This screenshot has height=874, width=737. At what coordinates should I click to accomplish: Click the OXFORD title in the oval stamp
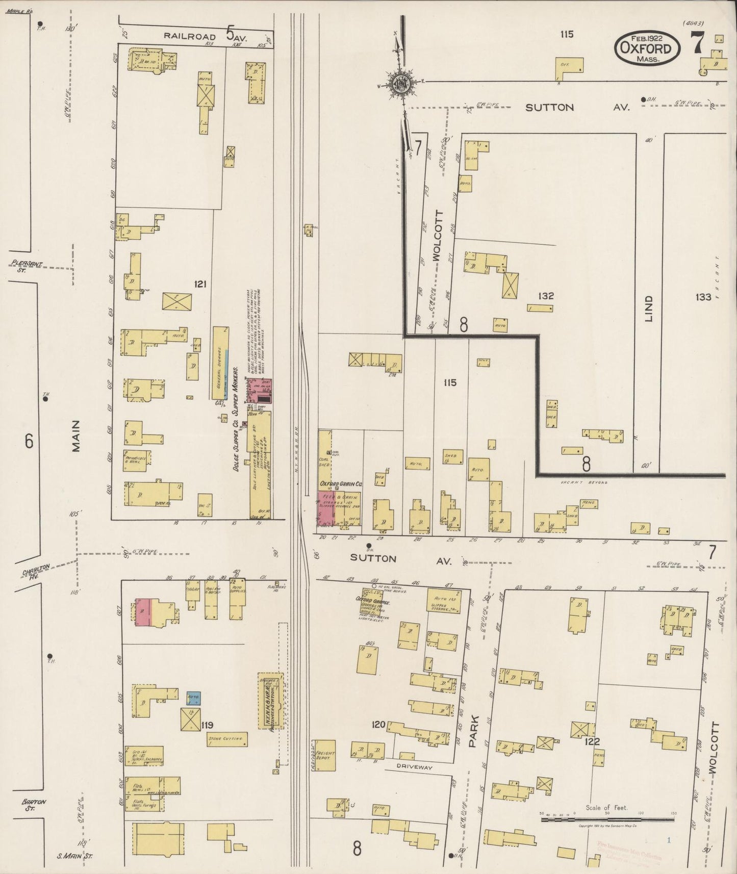pos(646,49)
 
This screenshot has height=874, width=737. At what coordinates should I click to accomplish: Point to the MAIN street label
pos(76,436)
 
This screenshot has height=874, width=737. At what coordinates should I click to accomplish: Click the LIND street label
pos(648,309)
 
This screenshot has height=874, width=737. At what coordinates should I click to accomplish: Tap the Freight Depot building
pos(325,755)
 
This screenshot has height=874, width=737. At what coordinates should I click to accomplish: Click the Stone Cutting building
pos(227,738)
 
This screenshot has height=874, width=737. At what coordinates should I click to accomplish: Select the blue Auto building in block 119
pos(193,697)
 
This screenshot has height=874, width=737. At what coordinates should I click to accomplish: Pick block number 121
pos(200,284)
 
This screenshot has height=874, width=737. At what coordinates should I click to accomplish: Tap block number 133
pos(702,296)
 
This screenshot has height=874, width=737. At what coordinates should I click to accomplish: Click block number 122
pos(593,741)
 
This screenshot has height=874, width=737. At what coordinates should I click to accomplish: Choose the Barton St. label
pos(34,805)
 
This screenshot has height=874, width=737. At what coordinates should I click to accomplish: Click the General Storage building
pos(220,363)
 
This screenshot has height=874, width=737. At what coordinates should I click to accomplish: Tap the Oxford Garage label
pos(376,602)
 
